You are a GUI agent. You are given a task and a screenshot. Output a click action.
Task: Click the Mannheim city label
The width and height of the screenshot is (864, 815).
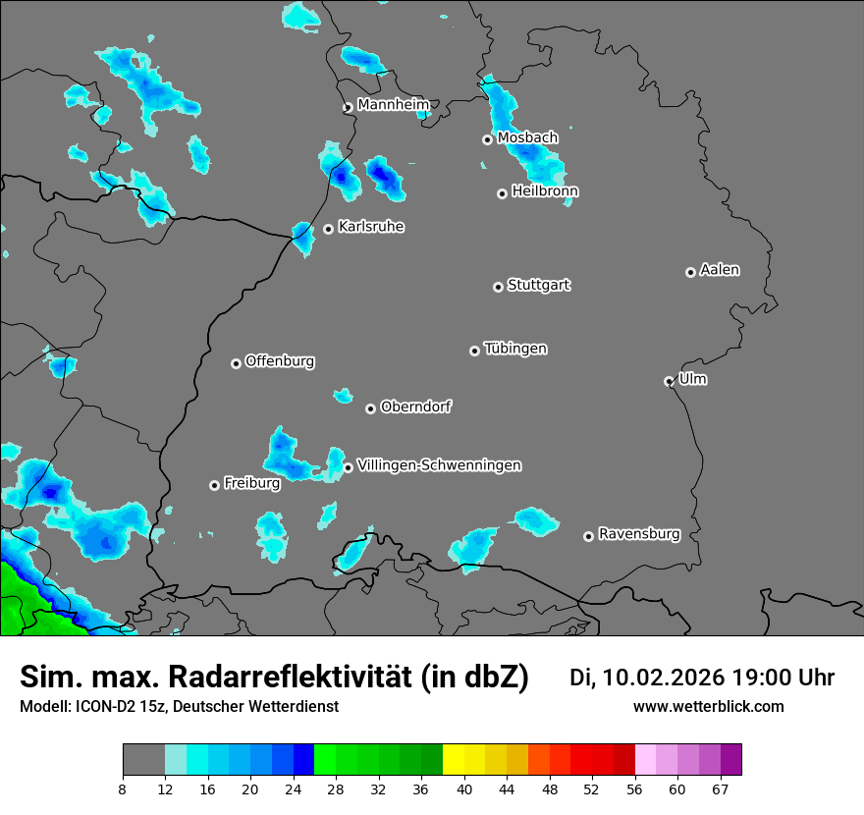click(x=393, y=105)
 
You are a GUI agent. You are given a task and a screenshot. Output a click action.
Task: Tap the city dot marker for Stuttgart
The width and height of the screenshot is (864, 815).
click(x=498, y=287)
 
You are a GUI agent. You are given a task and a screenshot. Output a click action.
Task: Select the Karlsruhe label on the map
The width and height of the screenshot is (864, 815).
click(x=371, y=227)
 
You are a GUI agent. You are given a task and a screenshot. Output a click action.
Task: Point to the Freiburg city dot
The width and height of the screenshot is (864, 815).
click(x=214, y=485)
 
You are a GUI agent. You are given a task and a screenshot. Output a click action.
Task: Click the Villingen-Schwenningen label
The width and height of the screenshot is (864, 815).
click(x=439, y=465)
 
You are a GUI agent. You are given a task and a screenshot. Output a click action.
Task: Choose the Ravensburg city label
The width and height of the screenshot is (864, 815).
click(x=639, y=534)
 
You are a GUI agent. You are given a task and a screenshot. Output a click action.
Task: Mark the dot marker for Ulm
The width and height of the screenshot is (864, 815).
click(x=669, y=381)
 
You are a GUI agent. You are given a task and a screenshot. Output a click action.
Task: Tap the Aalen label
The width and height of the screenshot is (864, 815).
click(x=720, y=270)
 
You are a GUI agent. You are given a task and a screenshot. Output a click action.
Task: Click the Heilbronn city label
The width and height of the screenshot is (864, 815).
click(x=545, y=191)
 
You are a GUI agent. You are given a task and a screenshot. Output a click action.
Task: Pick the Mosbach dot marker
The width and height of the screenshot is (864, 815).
click(x=487, y=139)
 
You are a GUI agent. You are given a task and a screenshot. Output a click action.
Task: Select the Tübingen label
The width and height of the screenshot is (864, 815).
click(x=515, y=349)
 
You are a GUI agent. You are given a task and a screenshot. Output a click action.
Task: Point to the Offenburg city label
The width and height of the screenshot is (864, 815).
click(x=280, y=361)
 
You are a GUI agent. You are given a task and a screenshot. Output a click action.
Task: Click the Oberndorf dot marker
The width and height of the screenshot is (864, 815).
click(x=370, y=408)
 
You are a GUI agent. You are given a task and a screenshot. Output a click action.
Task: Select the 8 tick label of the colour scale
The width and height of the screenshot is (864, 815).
click(x=123, y=788)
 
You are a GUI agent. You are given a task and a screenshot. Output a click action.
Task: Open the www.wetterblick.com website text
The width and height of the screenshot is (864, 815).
click(x=708, y=707)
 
